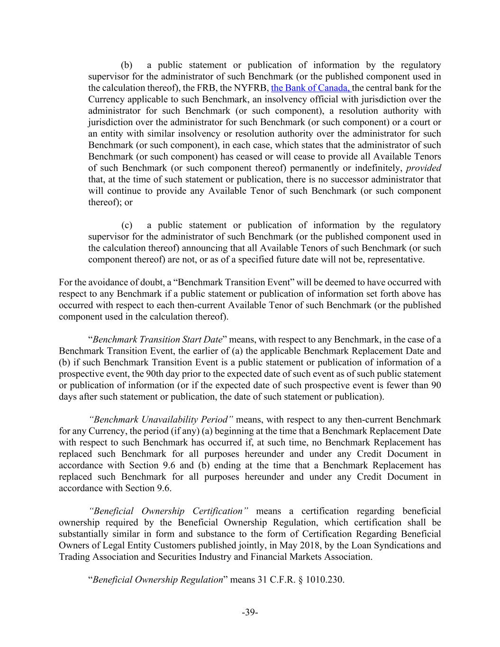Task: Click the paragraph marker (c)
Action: [127, 225]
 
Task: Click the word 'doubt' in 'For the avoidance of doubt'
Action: [150, 282]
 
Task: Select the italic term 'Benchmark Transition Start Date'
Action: [157, 339]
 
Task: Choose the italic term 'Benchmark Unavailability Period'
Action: [161, 419]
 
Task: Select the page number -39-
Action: [250, 612]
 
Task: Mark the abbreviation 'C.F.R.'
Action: [282, 580]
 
